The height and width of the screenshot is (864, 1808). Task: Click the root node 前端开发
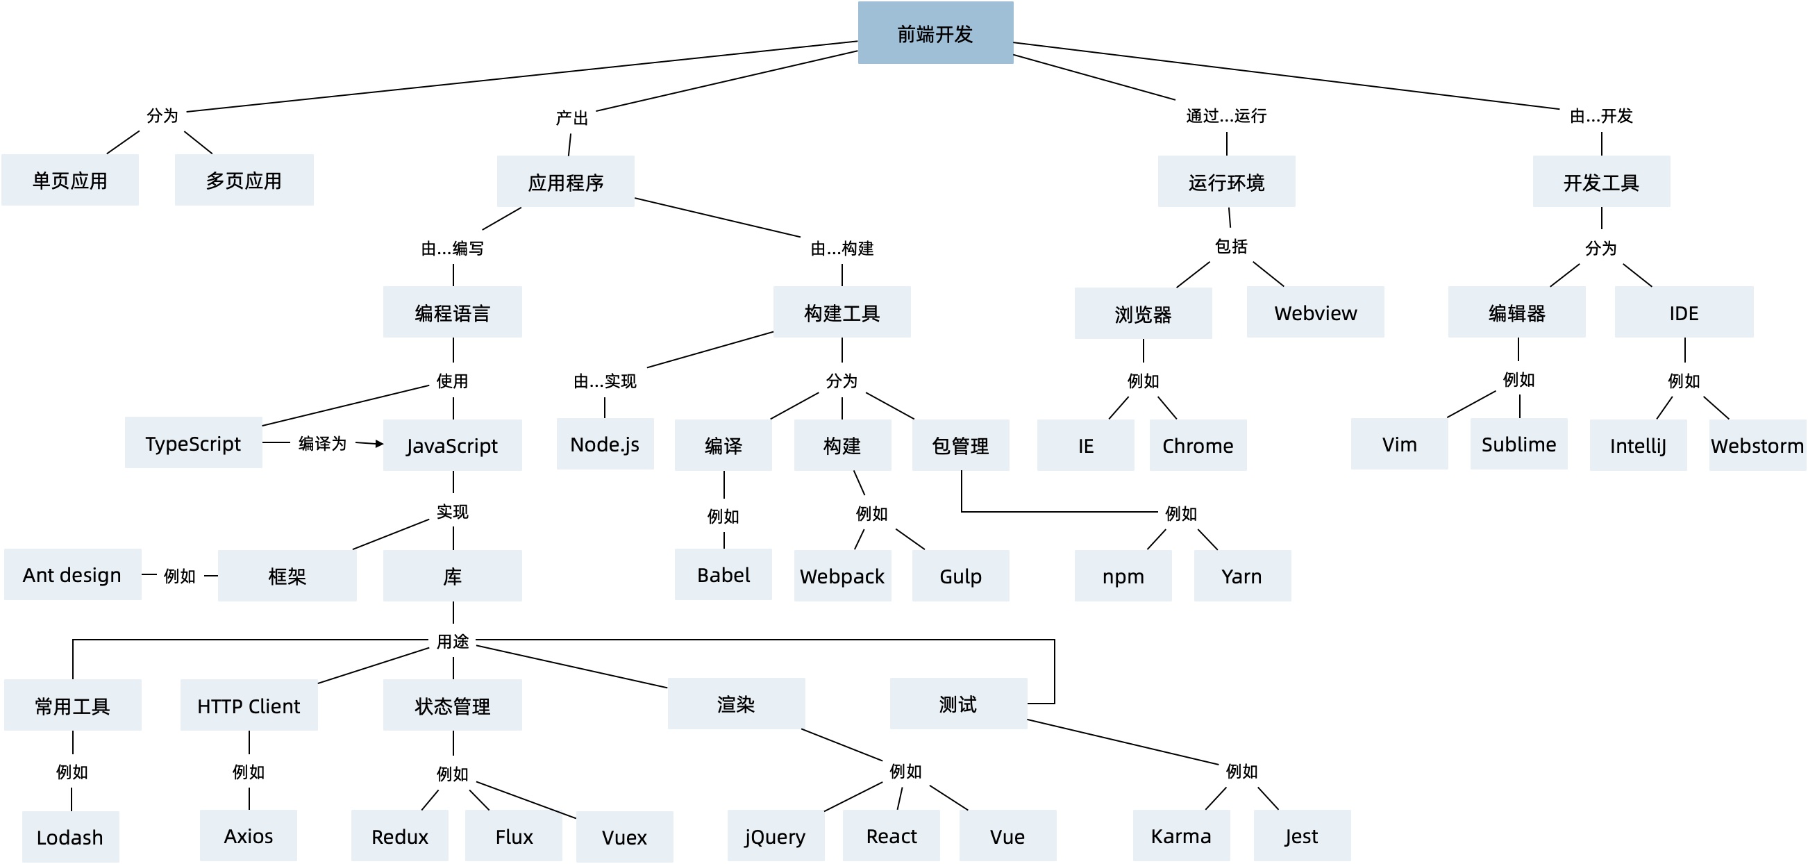935,33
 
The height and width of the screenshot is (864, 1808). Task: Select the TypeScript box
193,443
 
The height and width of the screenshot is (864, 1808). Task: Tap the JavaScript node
452,445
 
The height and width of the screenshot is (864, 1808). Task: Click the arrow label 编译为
322,443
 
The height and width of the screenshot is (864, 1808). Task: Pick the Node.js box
604,444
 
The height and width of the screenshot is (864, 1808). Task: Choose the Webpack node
842,576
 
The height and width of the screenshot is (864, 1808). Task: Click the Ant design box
72,574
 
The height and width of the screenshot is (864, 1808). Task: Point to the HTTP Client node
249,706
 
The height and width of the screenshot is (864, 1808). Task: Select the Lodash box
70,837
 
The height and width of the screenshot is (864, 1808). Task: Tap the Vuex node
624,837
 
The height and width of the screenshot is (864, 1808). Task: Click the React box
891,836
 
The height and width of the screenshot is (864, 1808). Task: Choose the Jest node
1301,836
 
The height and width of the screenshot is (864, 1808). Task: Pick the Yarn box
1241,576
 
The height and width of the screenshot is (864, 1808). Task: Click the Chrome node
1198,445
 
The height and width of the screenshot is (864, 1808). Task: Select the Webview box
1315,313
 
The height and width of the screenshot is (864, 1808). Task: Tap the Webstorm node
1757,445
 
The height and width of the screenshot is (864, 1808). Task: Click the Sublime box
1518,444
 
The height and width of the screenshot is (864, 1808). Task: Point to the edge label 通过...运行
1225,116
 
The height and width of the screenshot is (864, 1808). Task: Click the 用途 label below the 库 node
452,641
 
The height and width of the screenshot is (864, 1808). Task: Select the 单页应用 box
69,181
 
